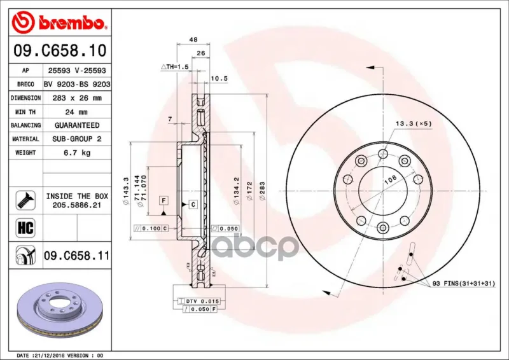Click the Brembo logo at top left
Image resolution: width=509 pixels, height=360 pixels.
(58, 22)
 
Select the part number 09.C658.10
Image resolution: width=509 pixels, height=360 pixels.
(60, 51)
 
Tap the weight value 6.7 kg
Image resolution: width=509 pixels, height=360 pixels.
(77, 153)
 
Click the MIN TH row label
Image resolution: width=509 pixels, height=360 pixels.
(25, 112)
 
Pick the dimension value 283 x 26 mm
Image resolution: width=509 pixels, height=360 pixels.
(77, 98)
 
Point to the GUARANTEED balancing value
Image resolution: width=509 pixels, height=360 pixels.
(77, 125)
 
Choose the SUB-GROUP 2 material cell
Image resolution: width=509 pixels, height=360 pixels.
(77, 139)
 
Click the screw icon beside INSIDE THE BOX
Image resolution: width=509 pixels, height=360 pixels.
(25, 200)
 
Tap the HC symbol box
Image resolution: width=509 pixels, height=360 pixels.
(25, 228)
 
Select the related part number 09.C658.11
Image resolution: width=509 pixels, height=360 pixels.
(76, 256)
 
